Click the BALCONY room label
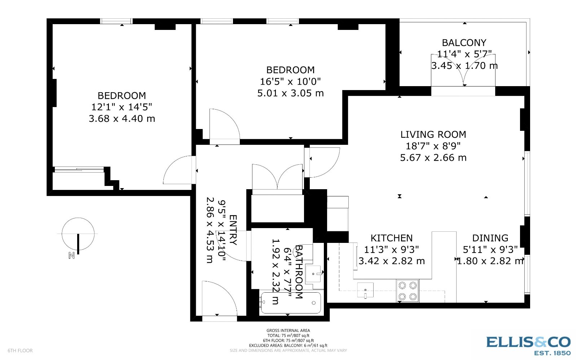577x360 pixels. tap(464, 43)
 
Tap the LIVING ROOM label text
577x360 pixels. tap(433, 134)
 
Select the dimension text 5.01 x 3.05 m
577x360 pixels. tap(290, 93)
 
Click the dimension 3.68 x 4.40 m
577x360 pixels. tap(122, 119)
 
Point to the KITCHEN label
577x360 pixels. tap(392, 238)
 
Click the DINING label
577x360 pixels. tap(490, 238)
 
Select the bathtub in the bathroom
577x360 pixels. tap(291, 303)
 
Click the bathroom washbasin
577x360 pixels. tap(313, 274)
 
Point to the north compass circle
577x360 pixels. tap(78, 234)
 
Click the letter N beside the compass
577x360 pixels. tap(71, 255)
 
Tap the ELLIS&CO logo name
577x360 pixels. tap(528, 342)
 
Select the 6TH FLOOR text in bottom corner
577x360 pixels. tap(20, 351)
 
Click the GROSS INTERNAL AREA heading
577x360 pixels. tap(288, 330)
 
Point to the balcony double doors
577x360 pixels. tap(463, 70)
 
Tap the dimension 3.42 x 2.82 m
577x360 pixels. tap(392, 261)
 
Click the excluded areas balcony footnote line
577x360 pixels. tap(288, 346)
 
